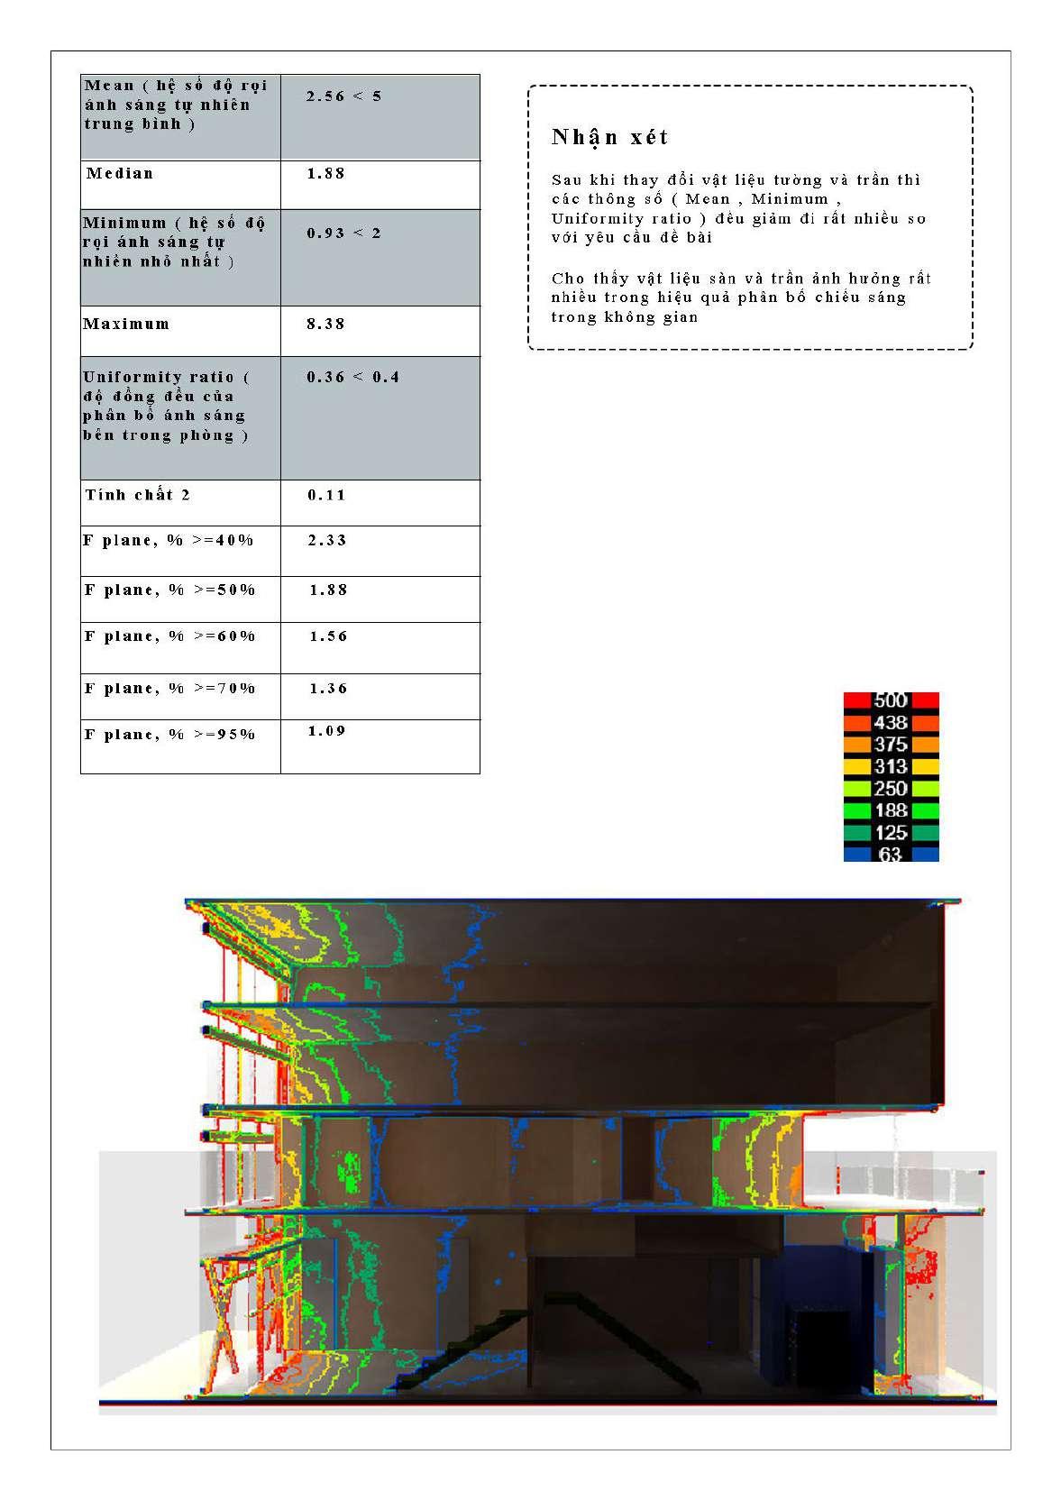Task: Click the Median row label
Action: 120,173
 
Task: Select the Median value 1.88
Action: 326,173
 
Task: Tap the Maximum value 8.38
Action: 326,324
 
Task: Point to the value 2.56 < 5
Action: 344,96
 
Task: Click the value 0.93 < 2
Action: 344,233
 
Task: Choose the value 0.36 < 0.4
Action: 352,377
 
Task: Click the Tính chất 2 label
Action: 138,494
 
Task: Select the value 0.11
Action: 326,495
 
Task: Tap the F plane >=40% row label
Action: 169,540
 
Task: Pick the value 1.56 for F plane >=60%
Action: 328,636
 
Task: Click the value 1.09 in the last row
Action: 326,731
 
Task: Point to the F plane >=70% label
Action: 170,688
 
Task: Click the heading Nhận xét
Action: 610,137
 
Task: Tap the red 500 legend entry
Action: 891,700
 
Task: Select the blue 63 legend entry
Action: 891,854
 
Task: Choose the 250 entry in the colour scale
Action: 891,789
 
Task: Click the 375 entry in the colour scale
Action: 891,745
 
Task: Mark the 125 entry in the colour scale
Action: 891,832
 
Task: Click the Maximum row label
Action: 126,324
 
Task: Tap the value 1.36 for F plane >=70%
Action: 328,688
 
